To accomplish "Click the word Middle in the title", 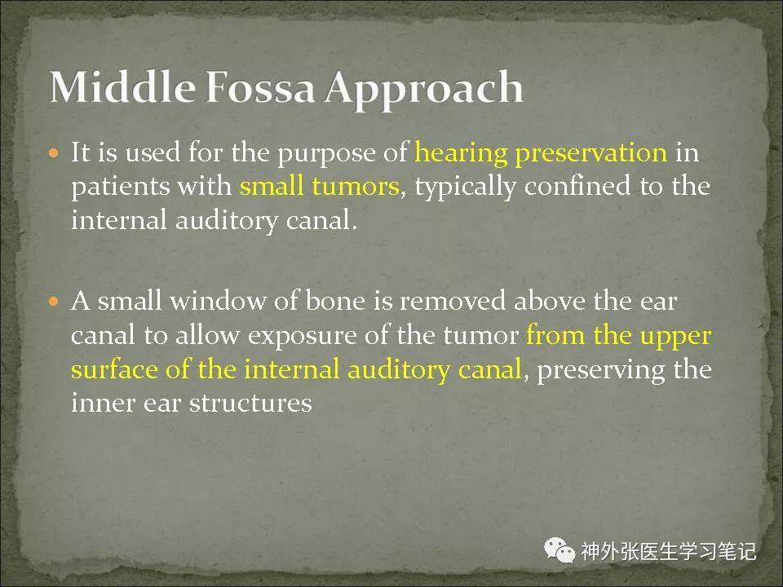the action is (122, 87).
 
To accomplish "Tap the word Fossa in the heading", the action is (260, 87).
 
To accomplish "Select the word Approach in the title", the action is (424, 90).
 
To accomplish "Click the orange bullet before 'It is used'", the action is (54, 152).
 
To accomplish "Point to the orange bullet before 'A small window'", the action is (54, 302).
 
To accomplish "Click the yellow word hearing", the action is (461, 152).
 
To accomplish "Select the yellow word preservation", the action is (591, 152).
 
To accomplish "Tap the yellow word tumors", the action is (356, 187).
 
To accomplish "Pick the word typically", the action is (465, 188).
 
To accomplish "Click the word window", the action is (217, 301).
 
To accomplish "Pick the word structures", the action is (250, 403).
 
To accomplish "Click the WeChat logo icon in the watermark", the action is (560, 550).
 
